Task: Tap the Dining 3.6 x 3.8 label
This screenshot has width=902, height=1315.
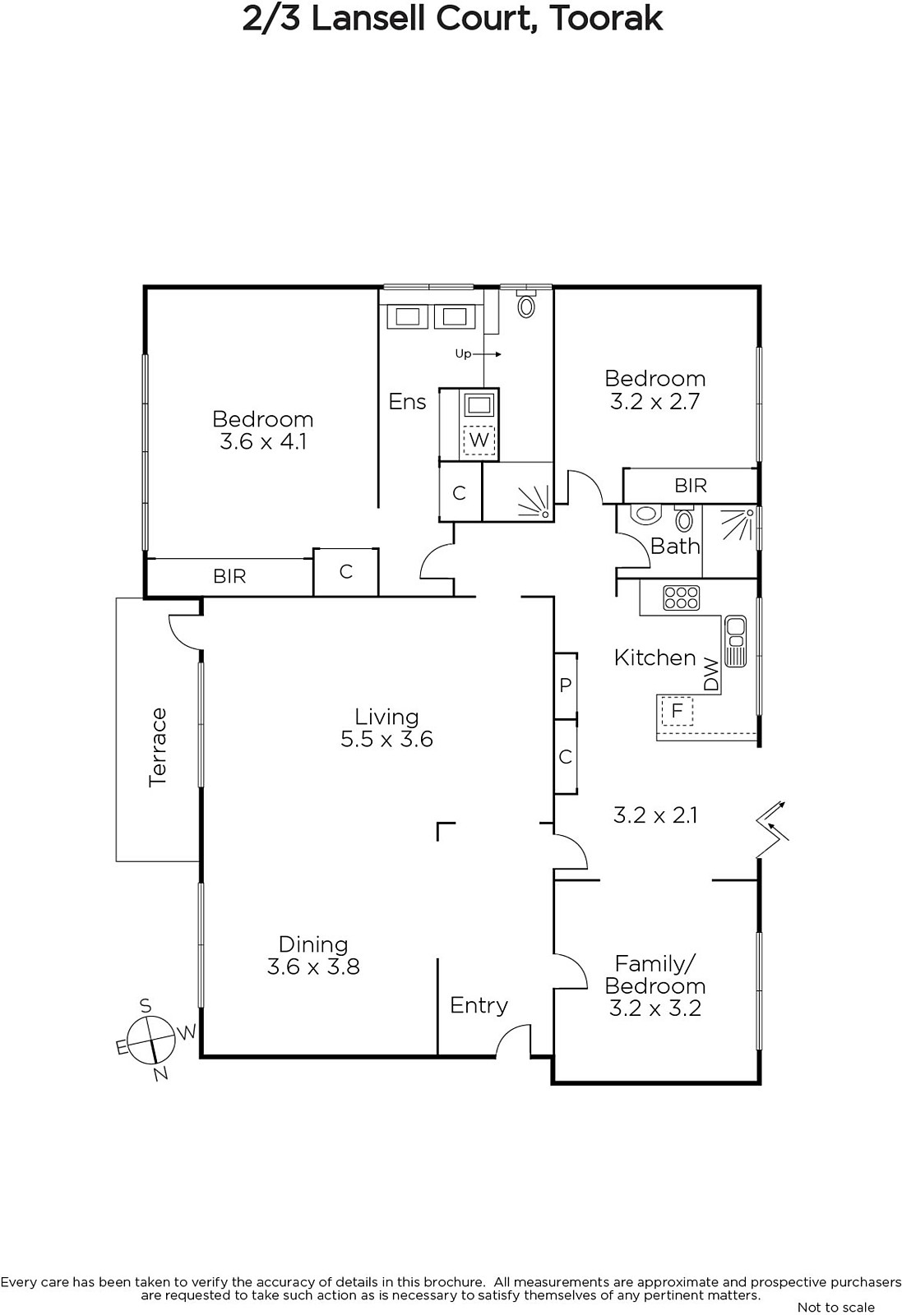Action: [x=313, y=956]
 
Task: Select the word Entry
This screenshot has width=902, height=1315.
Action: [x=479, y=1006]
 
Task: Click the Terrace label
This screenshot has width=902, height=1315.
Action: [x=158, y=747]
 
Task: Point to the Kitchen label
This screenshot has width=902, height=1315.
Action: [x=655, y=658]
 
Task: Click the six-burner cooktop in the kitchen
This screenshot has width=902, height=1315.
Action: [x=681, y=598]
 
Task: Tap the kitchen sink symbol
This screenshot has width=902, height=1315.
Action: [x=735, y=641]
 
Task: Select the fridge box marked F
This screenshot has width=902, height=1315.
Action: [x=677, y=711]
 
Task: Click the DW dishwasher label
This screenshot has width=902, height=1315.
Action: [x=711, y=675]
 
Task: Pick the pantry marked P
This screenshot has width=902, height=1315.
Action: [x=566, y=685]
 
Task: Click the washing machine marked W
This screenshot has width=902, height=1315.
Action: [x=479, y=439]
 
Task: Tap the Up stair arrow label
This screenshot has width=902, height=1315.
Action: [x=478, y=354]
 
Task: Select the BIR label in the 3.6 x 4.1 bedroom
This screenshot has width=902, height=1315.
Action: [x=229, y=576]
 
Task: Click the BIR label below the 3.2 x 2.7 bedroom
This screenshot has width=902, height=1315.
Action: [x=691, y=486]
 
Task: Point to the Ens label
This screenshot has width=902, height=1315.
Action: [x=407, y=402]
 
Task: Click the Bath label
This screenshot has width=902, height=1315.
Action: [x=675, y=547]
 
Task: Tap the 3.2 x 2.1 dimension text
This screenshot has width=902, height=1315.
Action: [x=655, y=815]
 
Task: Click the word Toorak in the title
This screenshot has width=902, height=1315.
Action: [x=607, y=19]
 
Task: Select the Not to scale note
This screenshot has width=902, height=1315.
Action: [x=836, y=1307]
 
